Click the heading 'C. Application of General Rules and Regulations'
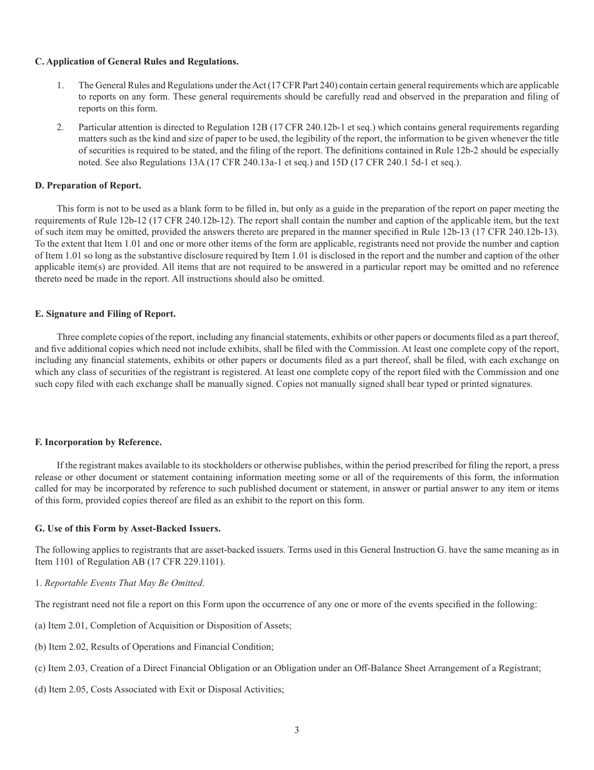click(x=136, y=61)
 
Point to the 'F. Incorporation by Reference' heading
click(x=98, y=442)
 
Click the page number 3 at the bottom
click(x=297, y=730)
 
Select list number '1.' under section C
click(x=61, y=85)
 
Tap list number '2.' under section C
click(x=61, y=128)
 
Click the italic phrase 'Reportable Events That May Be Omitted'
click(x=123, y=583)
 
